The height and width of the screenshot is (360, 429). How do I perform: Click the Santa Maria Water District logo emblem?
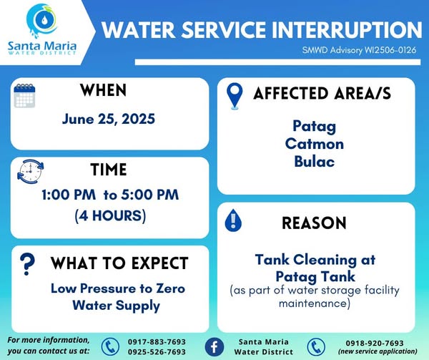42,21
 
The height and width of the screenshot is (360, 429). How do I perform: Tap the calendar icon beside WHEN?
24,95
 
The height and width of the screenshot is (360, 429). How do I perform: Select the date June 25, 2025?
109,119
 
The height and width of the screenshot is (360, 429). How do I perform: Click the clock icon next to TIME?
30,171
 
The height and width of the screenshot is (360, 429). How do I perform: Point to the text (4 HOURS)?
110,215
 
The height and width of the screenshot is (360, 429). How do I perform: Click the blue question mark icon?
27,264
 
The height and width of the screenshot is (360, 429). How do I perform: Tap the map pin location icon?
235,96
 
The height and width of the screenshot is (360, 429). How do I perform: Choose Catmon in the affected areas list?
315,144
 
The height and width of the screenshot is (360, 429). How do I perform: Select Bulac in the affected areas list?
315,161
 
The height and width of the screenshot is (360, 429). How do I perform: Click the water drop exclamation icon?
233,220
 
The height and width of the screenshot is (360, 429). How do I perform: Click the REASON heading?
314,223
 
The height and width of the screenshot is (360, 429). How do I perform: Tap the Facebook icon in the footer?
214,347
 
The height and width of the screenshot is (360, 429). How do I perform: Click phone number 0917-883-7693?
157,341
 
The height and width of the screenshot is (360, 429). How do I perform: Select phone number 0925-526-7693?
157,351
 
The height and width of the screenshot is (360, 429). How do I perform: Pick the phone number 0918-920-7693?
375,343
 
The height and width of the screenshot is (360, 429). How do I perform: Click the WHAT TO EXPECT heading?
119,263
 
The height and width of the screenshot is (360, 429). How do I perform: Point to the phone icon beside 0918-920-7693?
316,347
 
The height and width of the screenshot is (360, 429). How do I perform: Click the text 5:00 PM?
150,195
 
